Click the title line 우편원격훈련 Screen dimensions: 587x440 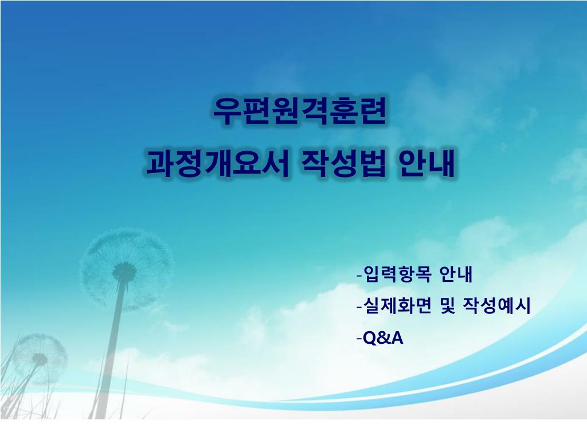point(299,111)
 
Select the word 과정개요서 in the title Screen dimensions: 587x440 point(217,163)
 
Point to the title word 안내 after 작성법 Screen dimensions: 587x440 point(426,163)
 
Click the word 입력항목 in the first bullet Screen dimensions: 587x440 point(398,274)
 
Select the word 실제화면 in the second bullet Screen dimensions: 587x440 point(398,306)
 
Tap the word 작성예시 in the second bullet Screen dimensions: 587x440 point(497,306)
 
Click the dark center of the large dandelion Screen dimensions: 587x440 point(124,270)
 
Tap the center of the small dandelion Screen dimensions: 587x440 point(40,359)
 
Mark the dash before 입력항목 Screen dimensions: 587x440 point(359,276)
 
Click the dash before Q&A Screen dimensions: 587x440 point(359,339)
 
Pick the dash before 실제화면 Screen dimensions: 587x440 point(359,308)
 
